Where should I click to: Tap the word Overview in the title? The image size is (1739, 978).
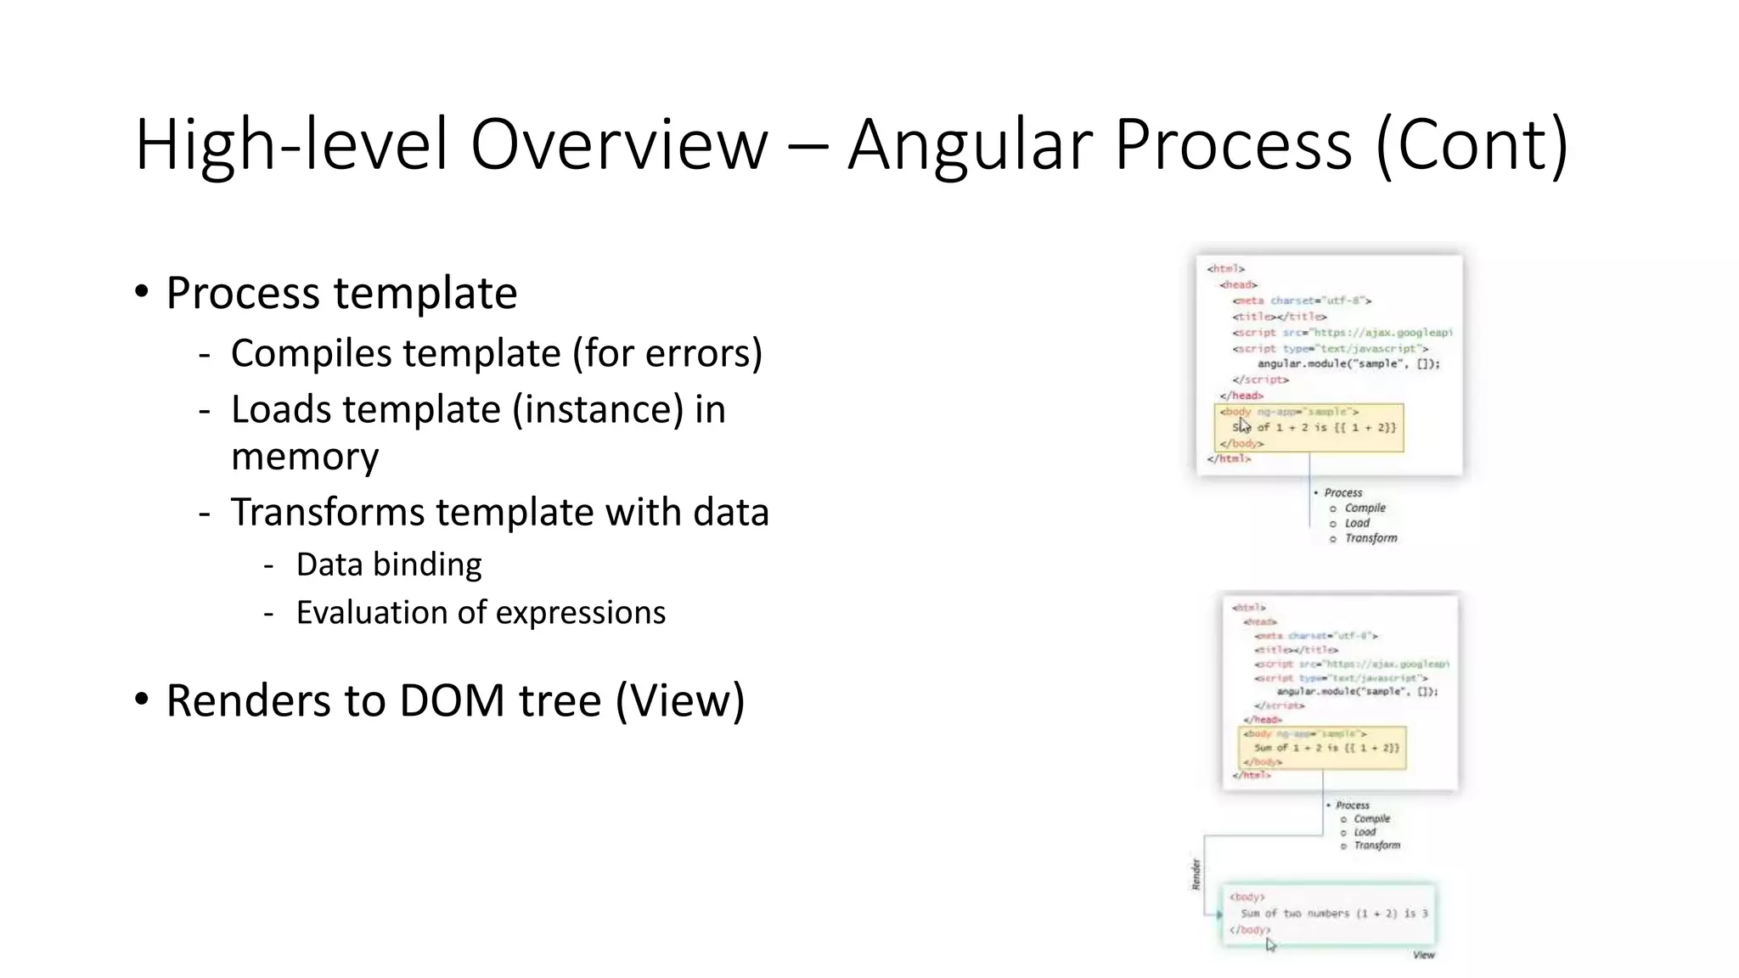[619, 144]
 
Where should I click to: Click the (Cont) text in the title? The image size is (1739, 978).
[1471, 146]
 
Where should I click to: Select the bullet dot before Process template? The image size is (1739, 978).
[142, 292]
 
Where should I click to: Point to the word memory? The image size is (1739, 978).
[305, 458]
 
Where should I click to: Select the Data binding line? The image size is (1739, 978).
[388, 565]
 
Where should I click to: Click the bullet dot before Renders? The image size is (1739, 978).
[142, 700]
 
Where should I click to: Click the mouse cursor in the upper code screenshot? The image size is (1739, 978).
[1244, 424]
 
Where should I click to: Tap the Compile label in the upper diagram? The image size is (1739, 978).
[1365, 508]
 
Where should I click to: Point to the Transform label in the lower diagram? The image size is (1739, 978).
[1376, 846]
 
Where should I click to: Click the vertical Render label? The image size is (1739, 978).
[1196, 874]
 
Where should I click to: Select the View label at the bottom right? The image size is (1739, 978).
[1423, 955]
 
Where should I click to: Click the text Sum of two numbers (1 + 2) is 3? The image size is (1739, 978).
[1333, 913]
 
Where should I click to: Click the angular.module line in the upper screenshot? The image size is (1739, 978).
[1348, 363]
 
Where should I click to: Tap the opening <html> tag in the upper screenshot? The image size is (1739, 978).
[1225, 268]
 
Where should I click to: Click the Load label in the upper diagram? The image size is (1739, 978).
[1357, 523]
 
